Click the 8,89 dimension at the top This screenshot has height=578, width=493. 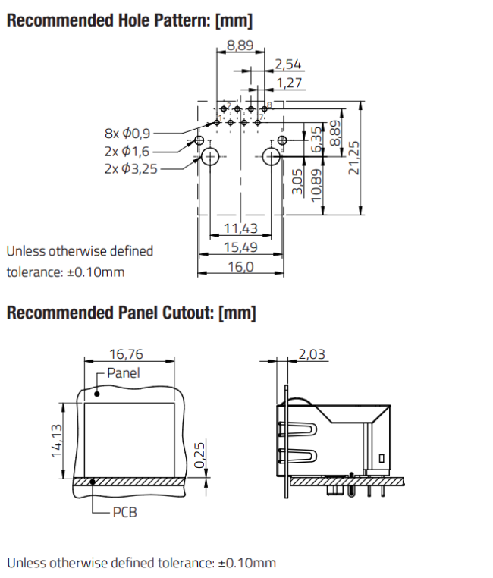point(240,46)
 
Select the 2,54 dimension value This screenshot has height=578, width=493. point(288,64)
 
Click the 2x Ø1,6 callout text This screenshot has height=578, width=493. point(131,150)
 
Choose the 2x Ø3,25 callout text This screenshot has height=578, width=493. point(131,168)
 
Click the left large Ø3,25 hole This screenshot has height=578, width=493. point(209,157)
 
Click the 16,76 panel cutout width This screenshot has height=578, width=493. point(126,353)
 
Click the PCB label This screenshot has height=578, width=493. point(125,512)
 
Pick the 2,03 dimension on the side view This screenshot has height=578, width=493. point(313,353)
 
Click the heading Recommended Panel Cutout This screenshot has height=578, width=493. point(130,313)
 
